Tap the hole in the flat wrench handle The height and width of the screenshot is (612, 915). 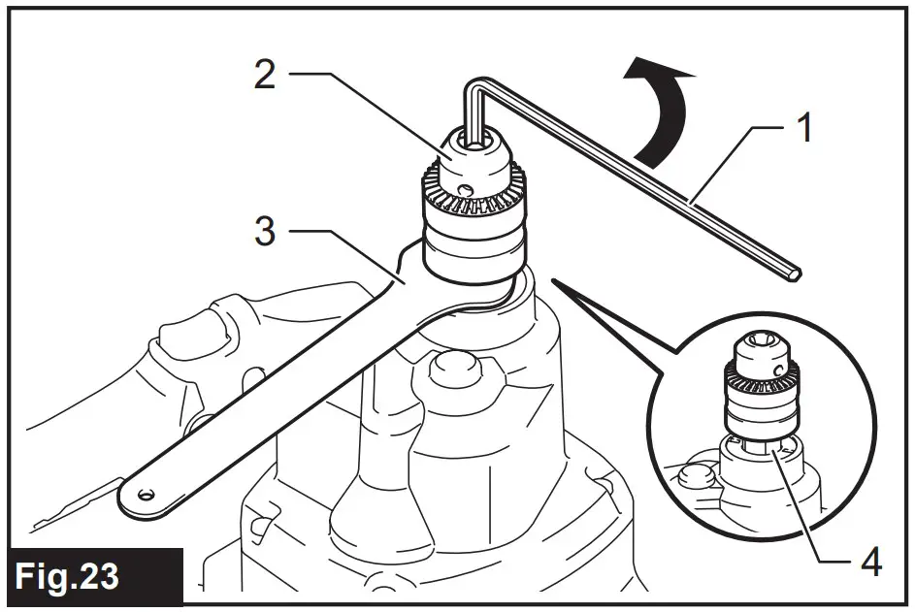(146, 494)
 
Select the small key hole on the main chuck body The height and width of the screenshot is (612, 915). (467, 190)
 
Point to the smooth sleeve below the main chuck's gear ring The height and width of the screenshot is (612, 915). (471, 247)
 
